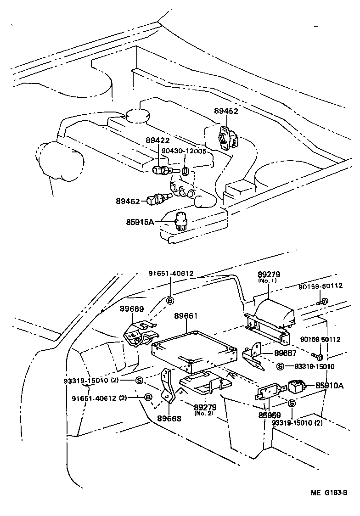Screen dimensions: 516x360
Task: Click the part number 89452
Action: point(226,111)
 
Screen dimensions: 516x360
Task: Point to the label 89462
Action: point(128,201)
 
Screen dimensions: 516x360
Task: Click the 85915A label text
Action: point(140,222)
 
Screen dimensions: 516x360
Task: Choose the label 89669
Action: point(131,309)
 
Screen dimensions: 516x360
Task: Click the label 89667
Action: point(286,353)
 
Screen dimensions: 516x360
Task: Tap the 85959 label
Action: point(269,415)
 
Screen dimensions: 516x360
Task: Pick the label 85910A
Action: point(329,386)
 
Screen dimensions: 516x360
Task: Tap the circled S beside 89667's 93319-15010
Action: point(281,366)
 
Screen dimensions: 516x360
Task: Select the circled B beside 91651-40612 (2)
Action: point(148,397)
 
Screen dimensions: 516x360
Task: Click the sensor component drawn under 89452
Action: point(227,136)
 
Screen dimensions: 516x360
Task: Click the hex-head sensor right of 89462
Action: point(159,198)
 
